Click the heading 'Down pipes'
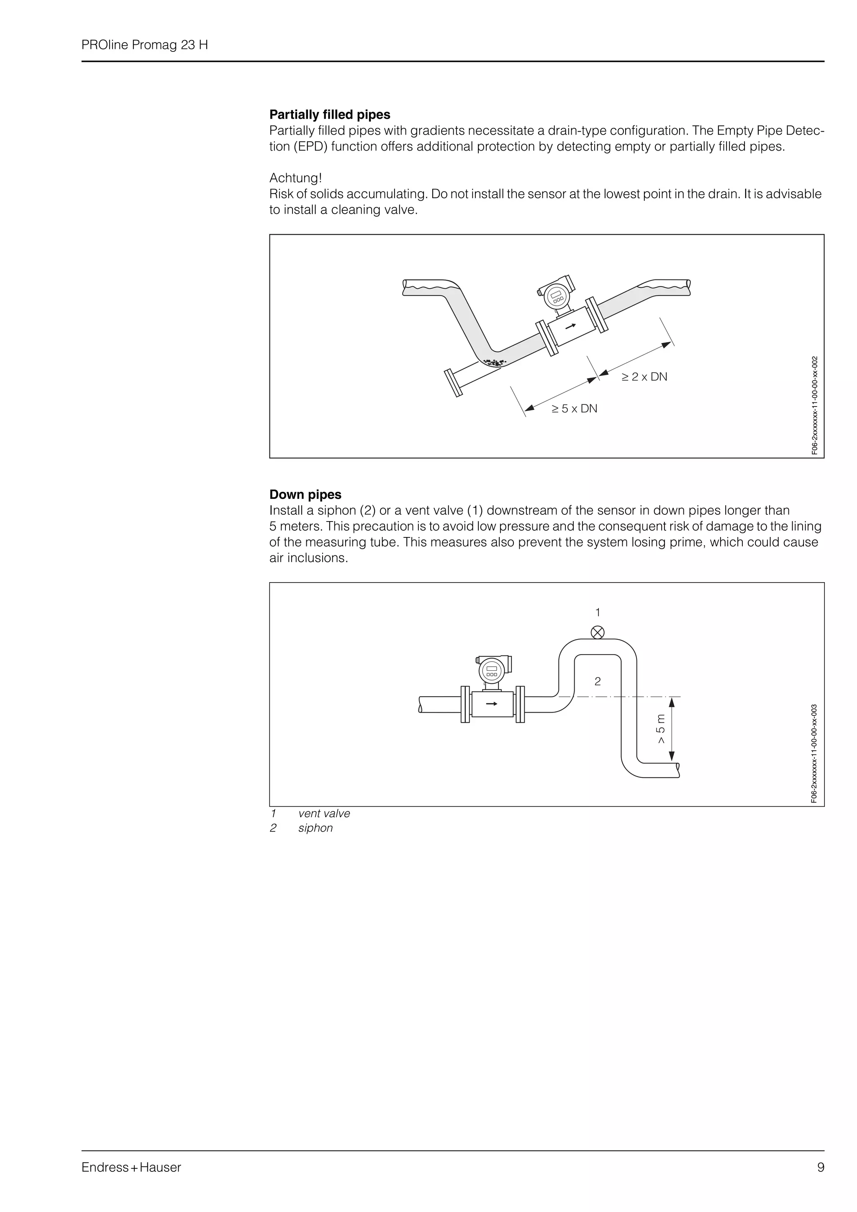coord(305,495)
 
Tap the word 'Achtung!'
coord(295,178)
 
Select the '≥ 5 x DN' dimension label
coord(574,409)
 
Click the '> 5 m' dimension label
coord(661,729)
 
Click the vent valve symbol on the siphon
coord(598,632)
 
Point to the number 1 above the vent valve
coord(598,612)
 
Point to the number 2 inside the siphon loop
coord(598,681)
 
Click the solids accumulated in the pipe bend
coord(495,363)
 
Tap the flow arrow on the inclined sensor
coord(570,326)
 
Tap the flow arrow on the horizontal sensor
coord(492,704)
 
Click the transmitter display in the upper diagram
coord(557,296)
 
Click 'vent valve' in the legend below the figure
coord(324,813)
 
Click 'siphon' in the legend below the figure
coord(315,828)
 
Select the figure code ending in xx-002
coord(814,405)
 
